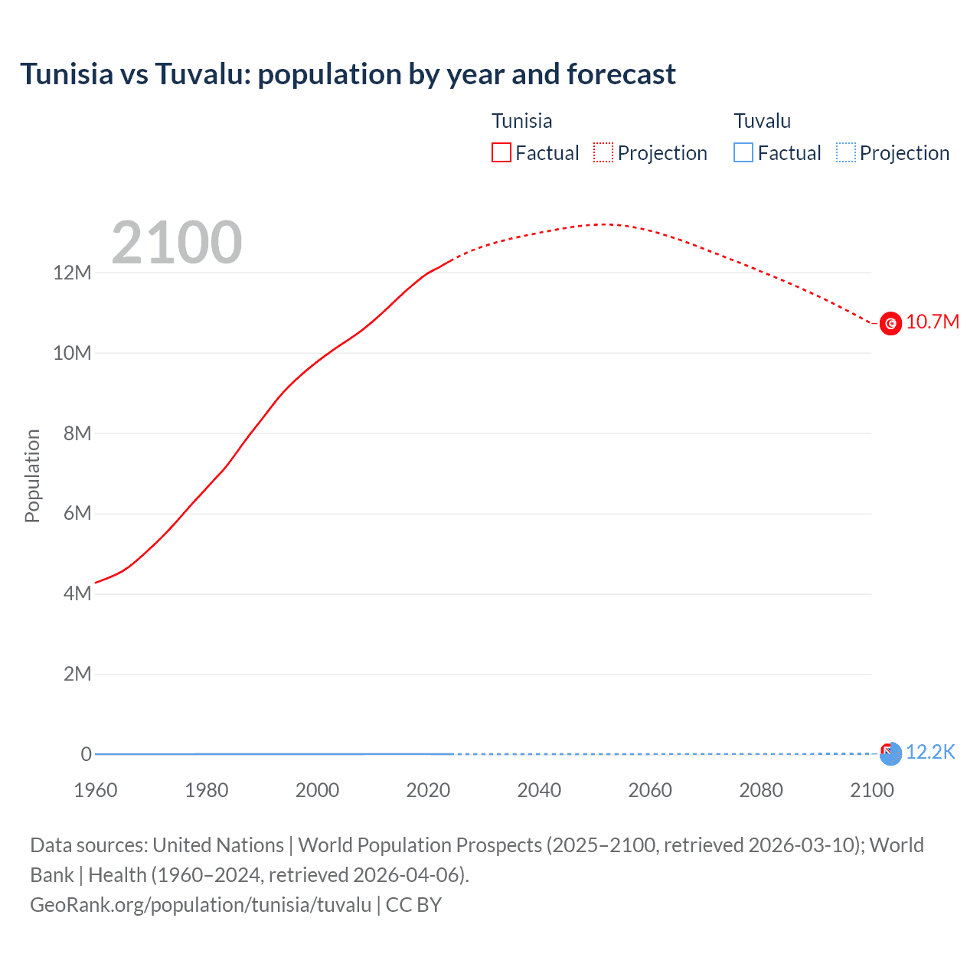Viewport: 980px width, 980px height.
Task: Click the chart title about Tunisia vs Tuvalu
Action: [x=348, y=74]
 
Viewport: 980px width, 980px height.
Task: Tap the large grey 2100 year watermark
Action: [x=177, y=243]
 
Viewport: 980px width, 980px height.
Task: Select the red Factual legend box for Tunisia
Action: [x=501, y=152]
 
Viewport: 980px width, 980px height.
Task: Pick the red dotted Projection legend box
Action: [x=603, y=152]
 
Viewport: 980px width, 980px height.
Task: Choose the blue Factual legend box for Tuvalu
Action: [x=743, y=152]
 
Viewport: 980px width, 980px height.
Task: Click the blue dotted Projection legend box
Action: [x=845, y=152]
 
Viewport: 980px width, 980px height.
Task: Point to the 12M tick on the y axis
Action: [x=72, y=273]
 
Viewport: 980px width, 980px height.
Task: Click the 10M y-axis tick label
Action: [x=72, y=353]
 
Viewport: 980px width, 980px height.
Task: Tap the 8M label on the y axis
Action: [x=77, y=433]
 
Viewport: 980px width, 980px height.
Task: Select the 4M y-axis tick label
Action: [x=77, y=593]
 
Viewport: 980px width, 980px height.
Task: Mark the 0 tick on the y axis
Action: [x=86, y=754]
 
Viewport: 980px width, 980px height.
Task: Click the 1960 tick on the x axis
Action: [x=96, y=790]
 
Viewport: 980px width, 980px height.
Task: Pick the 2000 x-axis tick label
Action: [x=317, y=790]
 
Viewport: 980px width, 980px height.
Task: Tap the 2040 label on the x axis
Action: [x=539, y=790]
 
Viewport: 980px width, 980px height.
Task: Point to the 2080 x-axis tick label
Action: [x=761, y=790]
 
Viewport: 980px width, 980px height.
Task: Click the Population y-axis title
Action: [x=32, y=475]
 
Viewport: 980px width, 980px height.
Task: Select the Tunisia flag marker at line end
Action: [x=890, y=324]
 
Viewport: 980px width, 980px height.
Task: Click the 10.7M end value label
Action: [x=932, y=322]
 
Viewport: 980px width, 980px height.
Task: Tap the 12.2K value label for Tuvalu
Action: [x=930, y=752]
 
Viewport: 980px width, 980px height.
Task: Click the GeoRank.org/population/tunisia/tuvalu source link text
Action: [x=201, y=905]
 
